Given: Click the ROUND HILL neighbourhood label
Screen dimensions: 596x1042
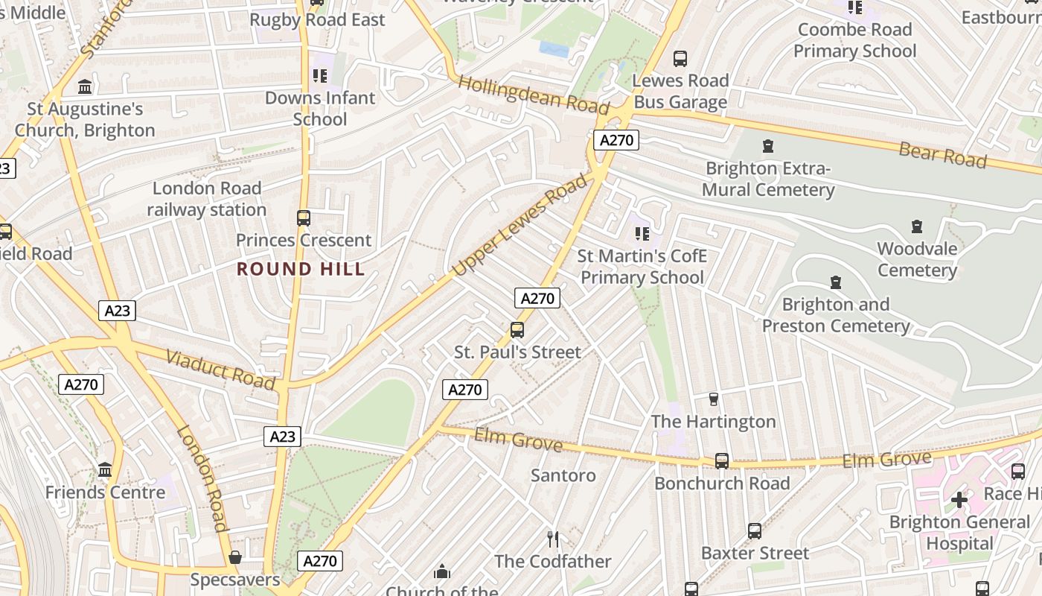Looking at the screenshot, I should tap(301, 269).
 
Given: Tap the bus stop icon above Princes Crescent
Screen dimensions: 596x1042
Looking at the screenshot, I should tap(303, 218).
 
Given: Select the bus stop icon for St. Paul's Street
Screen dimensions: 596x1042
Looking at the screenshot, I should tap(517, 330).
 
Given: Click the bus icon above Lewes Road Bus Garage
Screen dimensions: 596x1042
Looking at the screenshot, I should tap(680, 59).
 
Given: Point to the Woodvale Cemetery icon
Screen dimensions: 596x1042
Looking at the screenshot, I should tap(917, 226).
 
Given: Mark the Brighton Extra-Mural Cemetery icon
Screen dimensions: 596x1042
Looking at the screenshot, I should tap(768, 146).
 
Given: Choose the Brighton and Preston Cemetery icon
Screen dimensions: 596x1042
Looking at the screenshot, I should tap(835, 282).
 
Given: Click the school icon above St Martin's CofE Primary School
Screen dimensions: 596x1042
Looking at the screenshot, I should tap(642, 234).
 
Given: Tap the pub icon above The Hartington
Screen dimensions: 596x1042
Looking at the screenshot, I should tap(713, 399).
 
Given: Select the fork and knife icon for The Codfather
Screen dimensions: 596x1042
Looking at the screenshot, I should tap(552, 539).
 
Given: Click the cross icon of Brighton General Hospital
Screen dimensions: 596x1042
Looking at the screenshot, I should tap(959, 499).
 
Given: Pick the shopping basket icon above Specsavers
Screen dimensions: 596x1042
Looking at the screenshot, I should tap(235, 557).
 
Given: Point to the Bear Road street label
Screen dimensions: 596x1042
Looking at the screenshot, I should tap(942, 155).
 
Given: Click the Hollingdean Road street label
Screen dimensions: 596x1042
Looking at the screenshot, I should tap(534, 95).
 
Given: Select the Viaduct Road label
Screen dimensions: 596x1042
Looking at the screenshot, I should tap(220, 369).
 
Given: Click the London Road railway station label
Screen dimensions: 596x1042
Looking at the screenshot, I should tap(206, 199).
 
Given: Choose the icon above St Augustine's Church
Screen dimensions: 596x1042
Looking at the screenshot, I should tap(85, 86).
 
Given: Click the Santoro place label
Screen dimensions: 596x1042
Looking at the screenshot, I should tap(563, 475).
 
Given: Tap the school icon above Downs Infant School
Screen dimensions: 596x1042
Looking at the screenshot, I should tap(320, 75).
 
